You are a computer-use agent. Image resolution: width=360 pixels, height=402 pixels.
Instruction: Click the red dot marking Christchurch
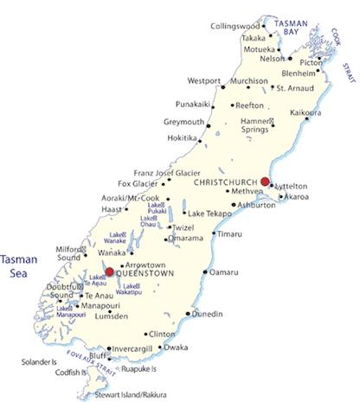[266, 182]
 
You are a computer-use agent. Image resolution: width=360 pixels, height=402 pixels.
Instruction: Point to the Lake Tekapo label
[209, 213]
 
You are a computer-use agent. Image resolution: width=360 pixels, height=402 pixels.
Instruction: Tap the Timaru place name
[228, 234]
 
